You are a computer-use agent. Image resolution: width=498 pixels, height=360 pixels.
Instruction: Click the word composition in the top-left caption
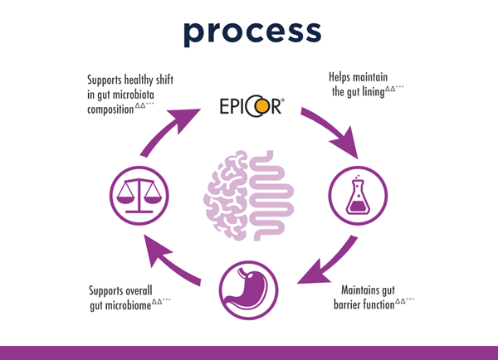(x=110, y=109)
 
